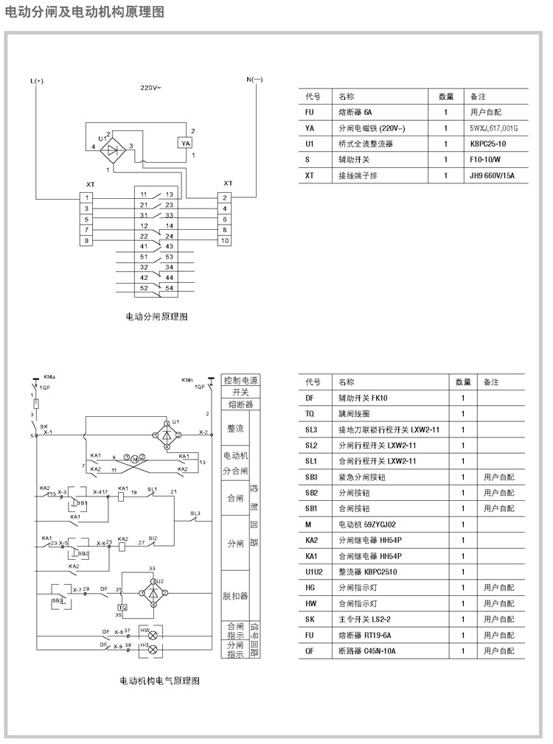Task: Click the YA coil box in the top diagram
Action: [x=186, y=143]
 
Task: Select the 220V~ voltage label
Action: [x=151, y=88]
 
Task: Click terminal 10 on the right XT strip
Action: [x=225, y=241]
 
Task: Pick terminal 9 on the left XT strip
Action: [x=87, y=241]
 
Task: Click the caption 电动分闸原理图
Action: [x=157, y=316]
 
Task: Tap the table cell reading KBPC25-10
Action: [x=488, y=144]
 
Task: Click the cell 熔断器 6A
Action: [x=355, y=113]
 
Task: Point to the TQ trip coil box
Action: [x=122, y=607]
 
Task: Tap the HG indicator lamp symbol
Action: [x=153, y=649]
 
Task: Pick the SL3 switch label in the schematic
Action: [x=195, y=513]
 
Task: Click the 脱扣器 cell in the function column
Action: [x=235, y=595]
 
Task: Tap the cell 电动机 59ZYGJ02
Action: [x=367, y=524]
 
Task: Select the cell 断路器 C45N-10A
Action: [x=367, y=651]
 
